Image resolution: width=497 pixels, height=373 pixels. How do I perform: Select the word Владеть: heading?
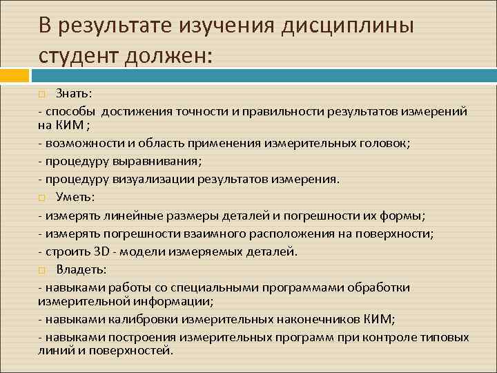81,269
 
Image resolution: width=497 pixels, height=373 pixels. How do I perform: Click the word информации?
175,302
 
